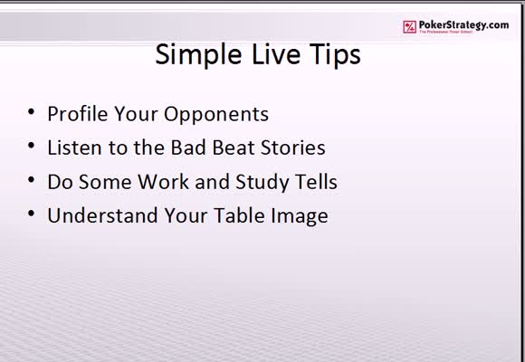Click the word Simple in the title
[198, 55]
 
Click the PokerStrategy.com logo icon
[409, 27]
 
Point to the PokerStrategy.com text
[463, 25]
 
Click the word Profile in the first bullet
[77, 113]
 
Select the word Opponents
[216, 115]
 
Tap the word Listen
[74, 148]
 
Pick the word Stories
[293, 148]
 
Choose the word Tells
[317, 182]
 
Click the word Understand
[102, 215]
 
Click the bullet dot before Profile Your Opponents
[31, 111]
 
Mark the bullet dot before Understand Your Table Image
[31, 214]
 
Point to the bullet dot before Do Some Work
[31, 180]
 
